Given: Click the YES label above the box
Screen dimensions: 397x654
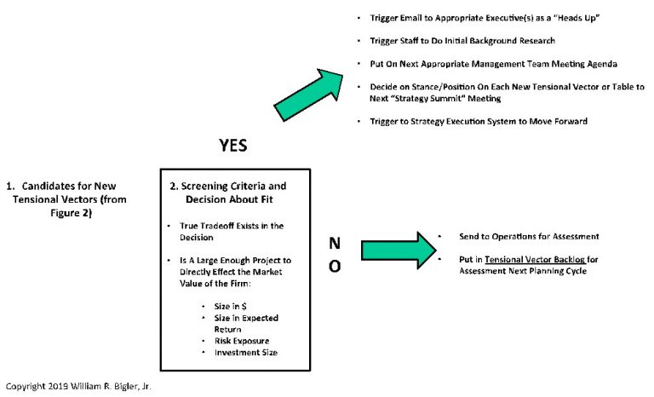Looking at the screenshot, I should point(233,146).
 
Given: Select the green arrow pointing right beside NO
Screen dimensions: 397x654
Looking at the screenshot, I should point(392,250).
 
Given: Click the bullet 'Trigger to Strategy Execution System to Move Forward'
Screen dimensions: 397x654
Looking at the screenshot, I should point(479,121).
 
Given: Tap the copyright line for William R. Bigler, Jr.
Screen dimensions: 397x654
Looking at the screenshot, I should point(77,386).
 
